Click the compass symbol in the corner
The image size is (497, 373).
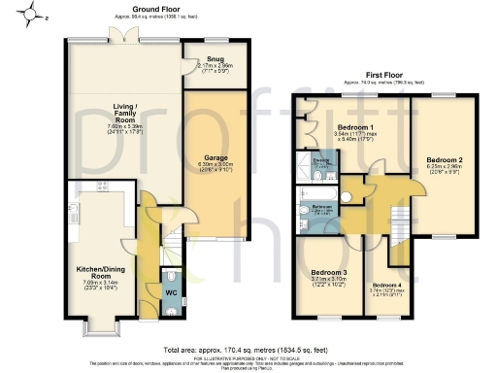coord(34,15)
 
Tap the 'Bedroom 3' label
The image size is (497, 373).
coord(329,272)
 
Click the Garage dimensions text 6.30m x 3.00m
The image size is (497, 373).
coord(215,165)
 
